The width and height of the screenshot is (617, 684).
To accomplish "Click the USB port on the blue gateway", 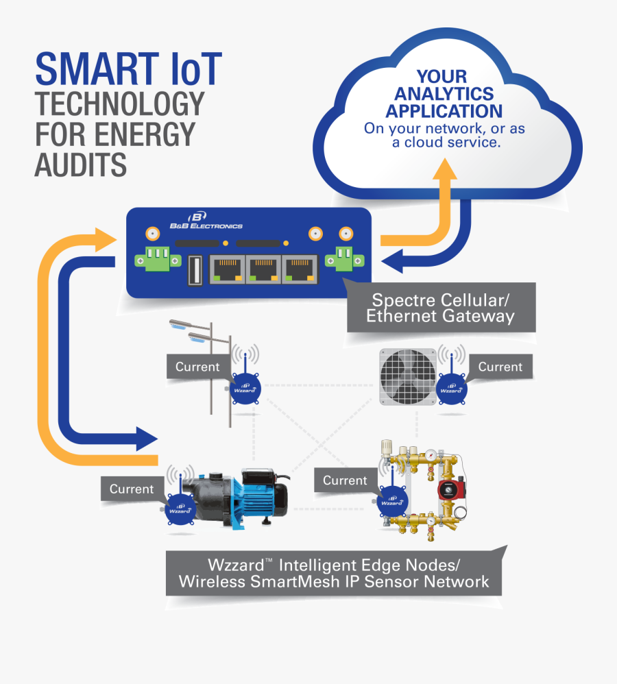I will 193,271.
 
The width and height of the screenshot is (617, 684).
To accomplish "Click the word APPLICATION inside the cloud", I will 444,110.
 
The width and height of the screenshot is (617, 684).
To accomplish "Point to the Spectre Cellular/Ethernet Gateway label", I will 440,308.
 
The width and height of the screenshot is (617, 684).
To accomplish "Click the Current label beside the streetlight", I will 197,367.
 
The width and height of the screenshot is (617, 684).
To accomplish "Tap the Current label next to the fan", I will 500,367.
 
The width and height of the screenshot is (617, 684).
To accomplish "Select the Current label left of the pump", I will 132,489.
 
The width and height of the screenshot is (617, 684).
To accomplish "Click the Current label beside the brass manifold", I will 345,480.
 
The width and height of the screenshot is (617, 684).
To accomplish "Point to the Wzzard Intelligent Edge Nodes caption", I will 333,574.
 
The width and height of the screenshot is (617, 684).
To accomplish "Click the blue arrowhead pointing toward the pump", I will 146,437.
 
